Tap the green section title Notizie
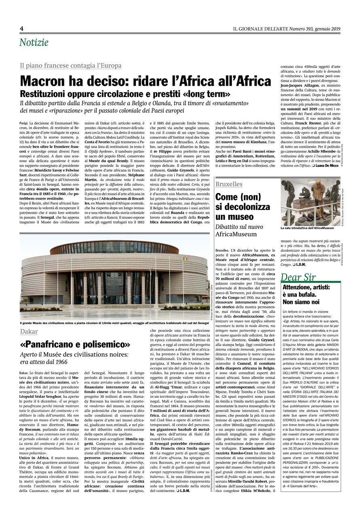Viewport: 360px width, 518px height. (x=34, y=42)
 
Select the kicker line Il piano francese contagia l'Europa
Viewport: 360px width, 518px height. (x=71, y=66)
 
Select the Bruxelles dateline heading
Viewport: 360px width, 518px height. (x=229, y=185)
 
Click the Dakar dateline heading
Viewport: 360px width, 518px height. (x=29, y=332)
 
